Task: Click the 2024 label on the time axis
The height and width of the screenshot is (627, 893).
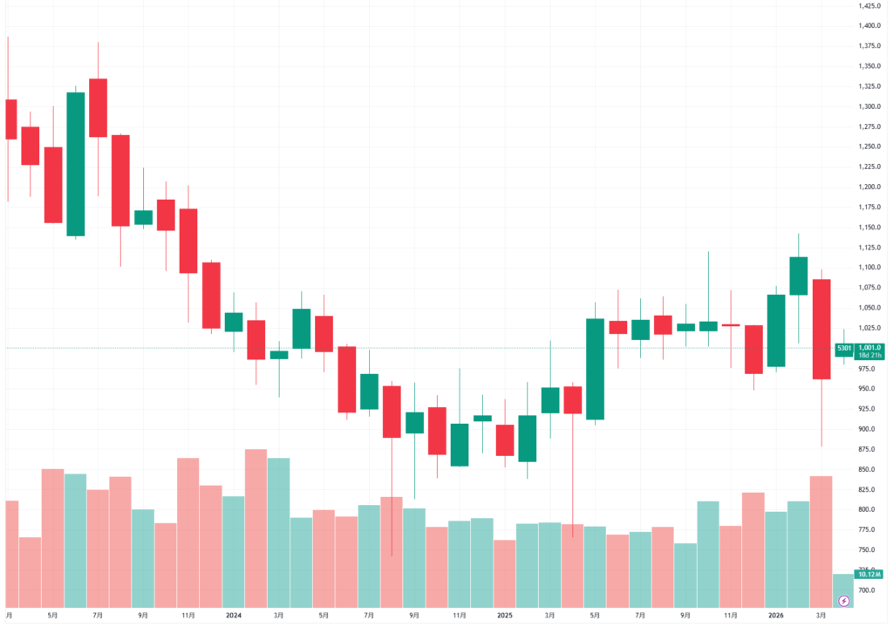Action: pos(233,615)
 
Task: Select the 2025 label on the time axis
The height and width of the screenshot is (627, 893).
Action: pos(504,615)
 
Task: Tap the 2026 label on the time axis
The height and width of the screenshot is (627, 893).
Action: pos(775,615)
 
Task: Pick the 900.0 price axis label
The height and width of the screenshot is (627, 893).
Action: pos(866,429)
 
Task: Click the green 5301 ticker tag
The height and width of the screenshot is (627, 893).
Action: pos(844,348)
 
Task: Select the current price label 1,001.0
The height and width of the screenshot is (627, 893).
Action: pos(869,347)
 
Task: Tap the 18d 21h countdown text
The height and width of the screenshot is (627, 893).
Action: pos(869,356)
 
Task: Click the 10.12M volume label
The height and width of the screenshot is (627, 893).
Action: pos(869,575)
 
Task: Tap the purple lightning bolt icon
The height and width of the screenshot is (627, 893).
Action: pos(843,601)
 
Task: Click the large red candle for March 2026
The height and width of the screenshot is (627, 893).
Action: pos(821,329)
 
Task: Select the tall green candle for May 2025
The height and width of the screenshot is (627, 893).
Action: pos(596,369)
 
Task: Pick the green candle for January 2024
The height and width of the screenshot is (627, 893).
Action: pos(233,322)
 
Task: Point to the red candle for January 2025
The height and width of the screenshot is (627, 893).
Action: pos(505,440)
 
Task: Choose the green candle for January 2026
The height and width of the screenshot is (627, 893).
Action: pos(776,331)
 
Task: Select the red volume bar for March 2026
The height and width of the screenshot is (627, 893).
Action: pos(821,541)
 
